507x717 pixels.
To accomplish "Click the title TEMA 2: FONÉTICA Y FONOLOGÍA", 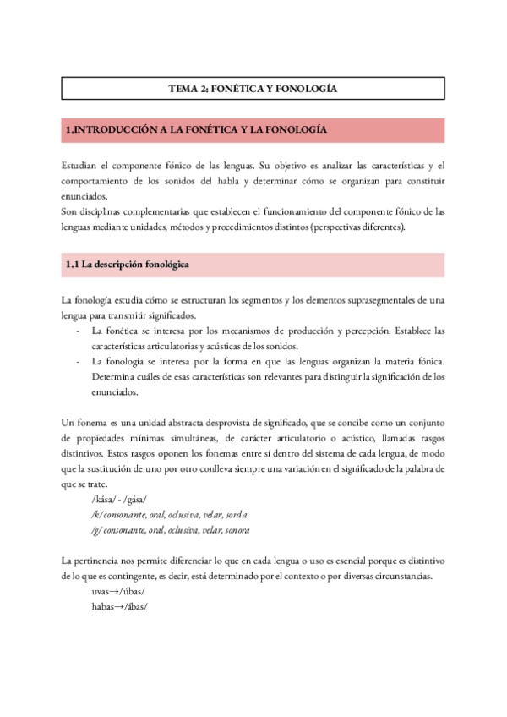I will pyautogui.click(x=253, y=89).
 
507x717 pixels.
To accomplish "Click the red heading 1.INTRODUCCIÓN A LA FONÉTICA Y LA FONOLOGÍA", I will pyautogui.click(x=196, y=130).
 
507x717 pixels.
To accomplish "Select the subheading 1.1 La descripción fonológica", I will pyautogui.click(x=127, y=265).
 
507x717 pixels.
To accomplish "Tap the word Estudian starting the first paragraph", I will pyautogui.click(x=83, y=164).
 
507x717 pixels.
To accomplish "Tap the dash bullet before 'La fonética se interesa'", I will pyautogui.click(x=79, y=331).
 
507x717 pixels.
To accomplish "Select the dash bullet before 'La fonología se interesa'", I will pyautogui.click(x=79, y=362).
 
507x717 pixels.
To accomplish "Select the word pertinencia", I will pyautogui.click(x=101, y=561).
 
